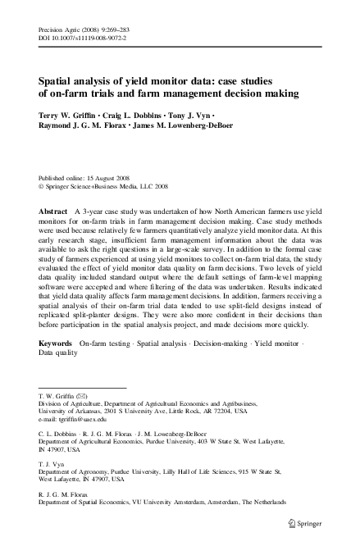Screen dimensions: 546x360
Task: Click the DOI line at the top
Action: [x=82, y=38]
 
